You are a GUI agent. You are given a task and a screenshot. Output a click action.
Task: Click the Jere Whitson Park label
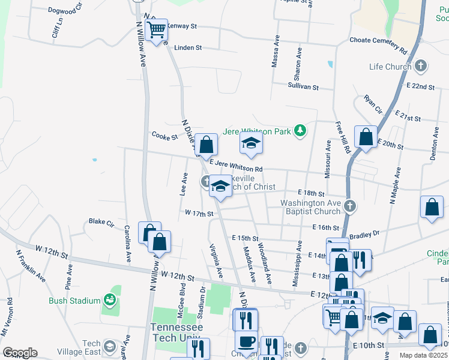tap(256, 131)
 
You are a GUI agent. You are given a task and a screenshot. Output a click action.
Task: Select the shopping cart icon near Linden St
tap(157, 29)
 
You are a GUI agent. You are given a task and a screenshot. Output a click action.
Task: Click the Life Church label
tap(391, 66)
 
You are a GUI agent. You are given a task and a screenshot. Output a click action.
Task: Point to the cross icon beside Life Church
tap(421, 65)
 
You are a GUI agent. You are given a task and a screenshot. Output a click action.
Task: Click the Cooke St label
tap(164, 136)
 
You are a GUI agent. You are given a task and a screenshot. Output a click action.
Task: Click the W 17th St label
tap(199, 213)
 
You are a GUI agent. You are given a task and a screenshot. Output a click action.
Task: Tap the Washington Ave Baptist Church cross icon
tap(351, 207)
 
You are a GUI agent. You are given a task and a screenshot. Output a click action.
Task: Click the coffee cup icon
tap(246, 342)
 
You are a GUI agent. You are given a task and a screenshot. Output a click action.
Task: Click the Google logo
tap(20, 353)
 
